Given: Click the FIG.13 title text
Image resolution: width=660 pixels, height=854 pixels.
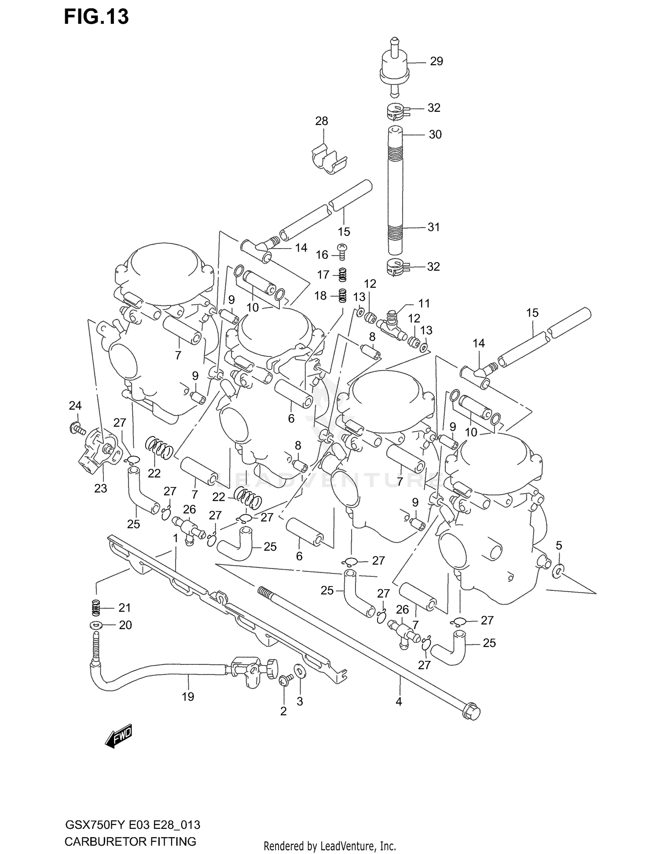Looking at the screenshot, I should point(96,17).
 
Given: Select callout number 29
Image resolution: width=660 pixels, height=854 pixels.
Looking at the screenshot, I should point(436,61).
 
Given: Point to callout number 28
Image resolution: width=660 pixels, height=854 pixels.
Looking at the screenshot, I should point(322,121).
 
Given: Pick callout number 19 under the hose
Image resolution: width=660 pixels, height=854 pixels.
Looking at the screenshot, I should point(188,696).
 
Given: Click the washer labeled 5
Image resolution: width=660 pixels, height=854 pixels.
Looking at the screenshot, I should point(558,571).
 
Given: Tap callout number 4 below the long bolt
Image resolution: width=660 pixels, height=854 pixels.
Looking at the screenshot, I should point(399,702).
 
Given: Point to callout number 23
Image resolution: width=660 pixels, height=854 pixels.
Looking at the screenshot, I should point(100,488).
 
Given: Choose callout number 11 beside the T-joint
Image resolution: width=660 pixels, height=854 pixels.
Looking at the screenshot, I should point(424,303).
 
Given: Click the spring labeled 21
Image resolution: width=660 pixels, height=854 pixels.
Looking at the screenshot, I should point(96,608).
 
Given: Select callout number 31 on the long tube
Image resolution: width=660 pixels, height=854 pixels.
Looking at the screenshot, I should point(433,227).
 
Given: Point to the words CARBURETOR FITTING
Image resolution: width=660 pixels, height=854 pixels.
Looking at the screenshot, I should point(130,841).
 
